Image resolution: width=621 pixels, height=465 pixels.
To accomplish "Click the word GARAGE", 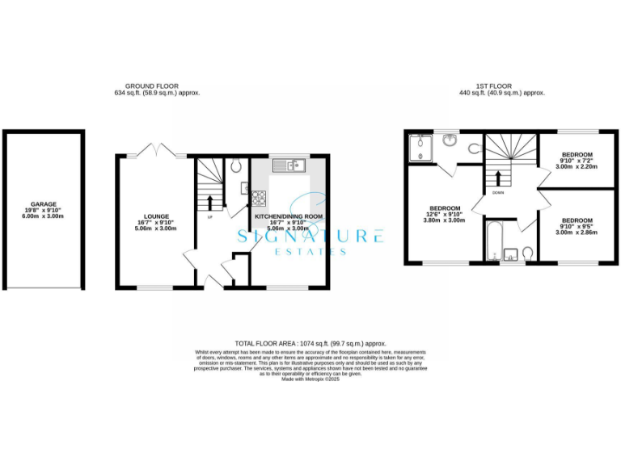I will (44, 204).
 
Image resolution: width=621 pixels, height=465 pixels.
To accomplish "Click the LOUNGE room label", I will (156, 216).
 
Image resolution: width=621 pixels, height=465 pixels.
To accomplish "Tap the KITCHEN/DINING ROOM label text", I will (289, 217).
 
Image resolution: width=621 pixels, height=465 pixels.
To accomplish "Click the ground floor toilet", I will (234, 166).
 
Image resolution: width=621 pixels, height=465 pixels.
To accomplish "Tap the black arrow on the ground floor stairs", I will (210, 202).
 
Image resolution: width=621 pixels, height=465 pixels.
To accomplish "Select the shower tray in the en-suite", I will (420, 148).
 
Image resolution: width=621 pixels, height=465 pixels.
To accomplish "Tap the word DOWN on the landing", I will (498, 193).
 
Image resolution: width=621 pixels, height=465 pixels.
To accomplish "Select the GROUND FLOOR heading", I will (152, 86).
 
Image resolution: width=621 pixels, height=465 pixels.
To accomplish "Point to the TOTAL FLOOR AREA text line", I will (310, 343).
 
